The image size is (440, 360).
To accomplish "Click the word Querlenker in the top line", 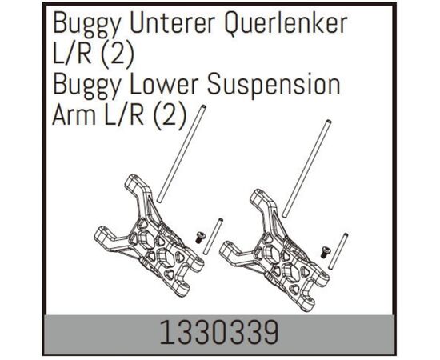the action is (x=286, y=24).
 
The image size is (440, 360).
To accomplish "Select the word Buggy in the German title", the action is (x=86, y=25).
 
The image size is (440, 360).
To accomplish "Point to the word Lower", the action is (x=163, y=84).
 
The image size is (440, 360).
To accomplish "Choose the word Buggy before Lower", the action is (x=86, y=86).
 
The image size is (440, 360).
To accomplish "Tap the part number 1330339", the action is (x=219, y=333).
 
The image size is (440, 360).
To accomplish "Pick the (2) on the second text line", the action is (x=118, y=55).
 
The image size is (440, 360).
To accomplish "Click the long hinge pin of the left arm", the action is (x=182, y=154).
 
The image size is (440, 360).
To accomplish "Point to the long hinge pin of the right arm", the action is (x=306, y=168).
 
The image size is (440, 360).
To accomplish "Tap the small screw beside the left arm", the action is (x=199, y=238).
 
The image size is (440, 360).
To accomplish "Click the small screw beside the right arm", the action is (x=325, y=252).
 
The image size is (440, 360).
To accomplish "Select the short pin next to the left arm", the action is (x=213, y=237).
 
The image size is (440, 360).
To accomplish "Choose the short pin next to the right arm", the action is (x=338, y=251).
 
